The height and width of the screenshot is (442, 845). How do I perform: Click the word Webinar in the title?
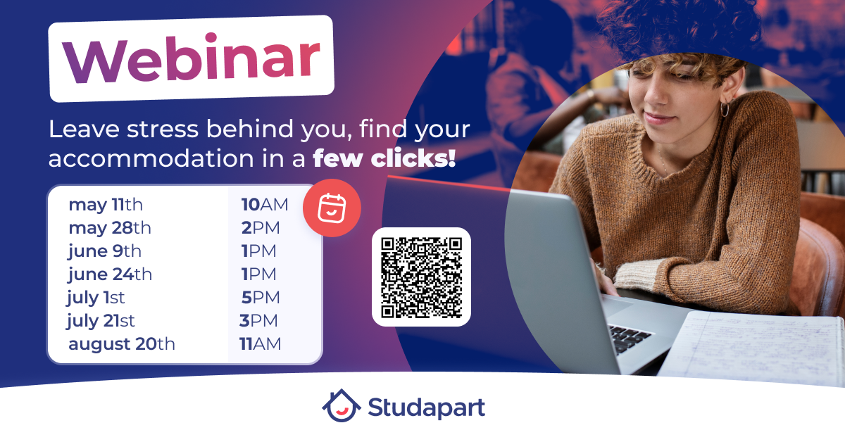point(192,58)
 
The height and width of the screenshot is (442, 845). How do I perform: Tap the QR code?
point(421,277)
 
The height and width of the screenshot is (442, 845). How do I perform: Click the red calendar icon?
point(332,208)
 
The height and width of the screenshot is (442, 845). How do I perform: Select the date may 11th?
point(106,205)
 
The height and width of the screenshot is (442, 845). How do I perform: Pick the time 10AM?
point(265,205)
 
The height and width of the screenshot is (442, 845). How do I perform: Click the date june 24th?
point(110,274)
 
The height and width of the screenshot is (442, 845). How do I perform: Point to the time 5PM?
point(261,298)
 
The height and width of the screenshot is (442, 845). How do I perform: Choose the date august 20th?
point(121,344)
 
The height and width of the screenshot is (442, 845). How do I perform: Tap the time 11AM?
point(261,344)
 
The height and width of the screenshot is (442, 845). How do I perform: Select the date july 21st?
point(101,321)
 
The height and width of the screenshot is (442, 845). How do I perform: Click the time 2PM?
point(261,228)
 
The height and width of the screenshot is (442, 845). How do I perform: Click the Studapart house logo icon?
point(342,405)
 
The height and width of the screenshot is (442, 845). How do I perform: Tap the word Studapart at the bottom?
point(427,408)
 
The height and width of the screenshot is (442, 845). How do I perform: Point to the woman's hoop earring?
point(725,109)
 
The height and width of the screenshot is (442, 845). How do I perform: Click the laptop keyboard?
point(630,339)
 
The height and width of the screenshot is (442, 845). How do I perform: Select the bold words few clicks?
point(384,158)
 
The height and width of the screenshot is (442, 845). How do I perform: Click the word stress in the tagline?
point(163,130)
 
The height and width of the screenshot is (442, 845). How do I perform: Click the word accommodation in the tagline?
point(151,158)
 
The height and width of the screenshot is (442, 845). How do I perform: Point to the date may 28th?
point(110,228)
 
